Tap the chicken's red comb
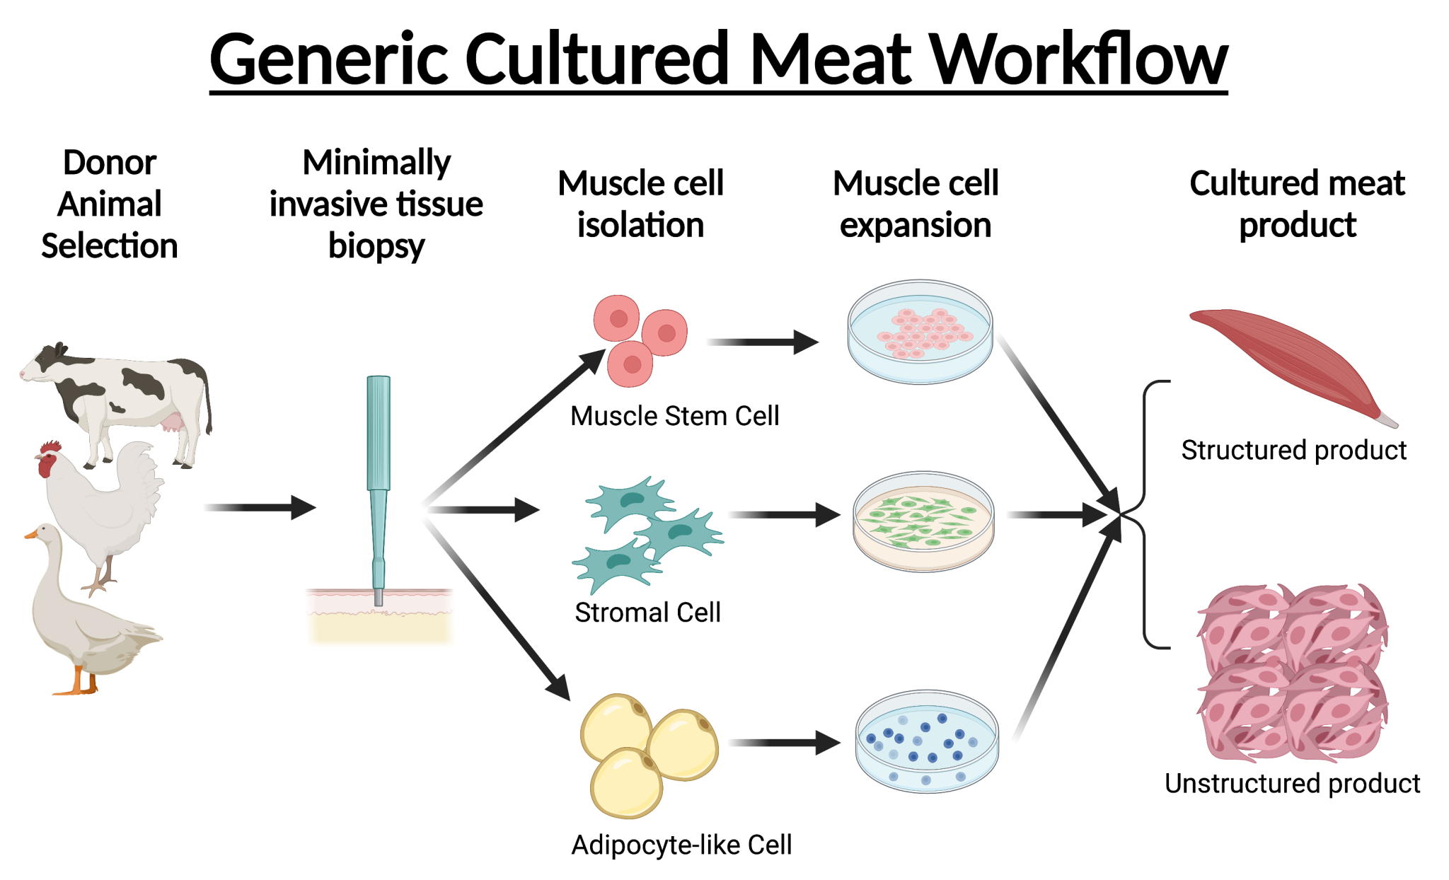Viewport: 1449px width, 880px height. (51, 448)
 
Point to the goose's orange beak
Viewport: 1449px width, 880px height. (31, 534)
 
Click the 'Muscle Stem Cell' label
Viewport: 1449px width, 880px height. (674, 416)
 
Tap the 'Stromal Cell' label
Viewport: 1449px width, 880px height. (647, 613)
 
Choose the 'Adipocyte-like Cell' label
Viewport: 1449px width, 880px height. (681, 845)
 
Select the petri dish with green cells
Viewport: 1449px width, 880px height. (923, 521)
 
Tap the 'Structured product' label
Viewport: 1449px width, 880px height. (1293, 451)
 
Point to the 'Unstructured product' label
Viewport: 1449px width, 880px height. (1292, 784)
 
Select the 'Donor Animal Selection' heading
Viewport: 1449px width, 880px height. (110, 204)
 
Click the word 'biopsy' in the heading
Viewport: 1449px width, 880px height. (376, 246)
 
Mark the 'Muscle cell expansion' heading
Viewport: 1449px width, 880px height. (916, 204)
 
